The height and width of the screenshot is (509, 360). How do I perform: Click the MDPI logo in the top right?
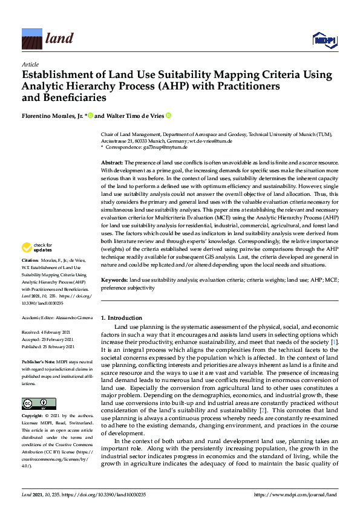[x=324, y=39]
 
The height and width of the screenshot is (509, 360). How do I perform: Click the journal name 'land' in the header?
[x=59, y=39]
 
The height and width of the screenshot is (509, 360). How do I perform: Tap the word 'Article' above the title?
[x=30, y=64]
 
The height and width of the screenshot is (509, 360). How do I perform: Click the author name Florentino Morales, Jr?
[x=54, y=115]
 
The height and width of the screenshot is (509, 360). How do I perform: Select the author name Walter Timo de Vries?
[x=131, y=115]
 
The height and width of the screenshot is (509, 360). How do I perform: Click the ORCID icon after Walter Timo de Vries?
[x=169, y=115]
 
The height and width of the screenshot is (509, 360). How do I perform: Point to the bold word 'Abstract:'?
[x=111, y=163]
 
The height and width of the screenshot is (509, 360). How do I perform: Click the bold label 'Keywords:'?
[x=114, y=280]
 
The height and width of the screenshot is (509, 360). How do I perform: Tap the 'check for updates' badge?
[x=36, y=247]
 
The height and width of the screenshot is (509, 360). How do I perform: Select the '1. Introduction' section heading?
[x=122, y=317]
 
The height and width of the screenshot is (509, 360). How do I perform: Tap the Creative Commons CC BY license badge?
[x=39, y=403]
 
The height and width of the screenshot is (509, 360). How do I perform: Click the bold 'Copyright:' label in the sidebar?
[x=33, y=417]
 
